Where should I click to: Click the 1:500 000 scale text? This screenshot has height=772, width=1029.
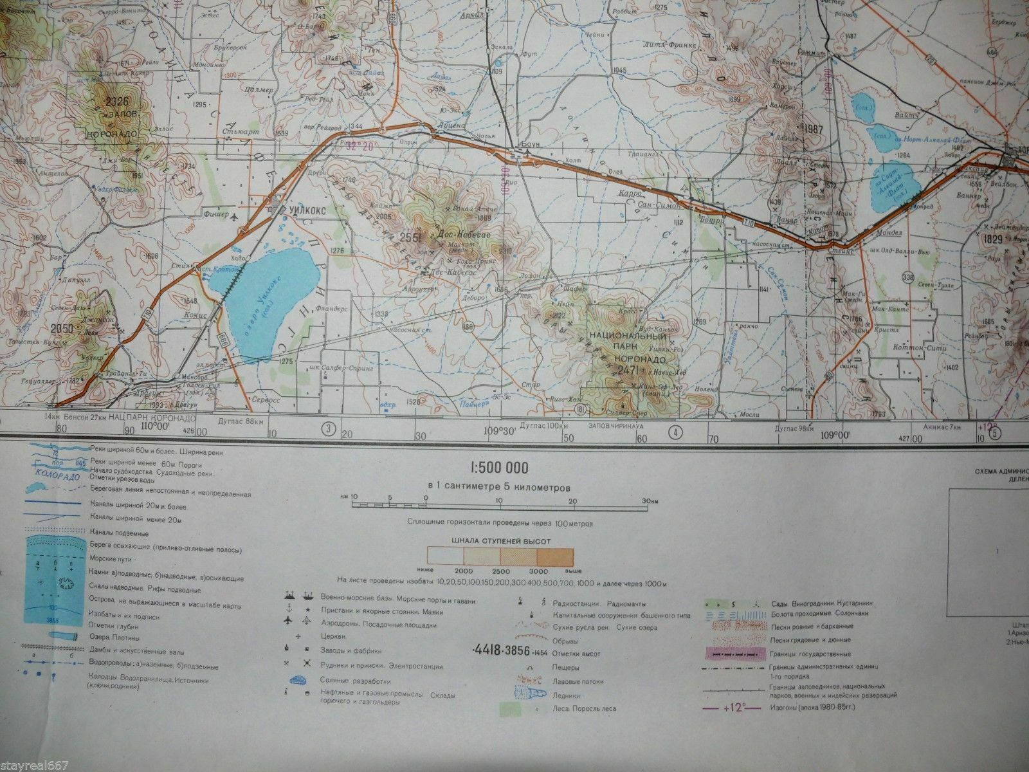(x=500, y=468)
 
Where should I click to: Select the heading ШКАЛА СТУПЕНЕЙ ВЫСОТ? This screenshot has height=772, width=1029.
(x=500, y=542)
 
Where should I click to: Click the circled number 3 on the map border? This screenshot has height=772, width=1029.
(x=330, y=428)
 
